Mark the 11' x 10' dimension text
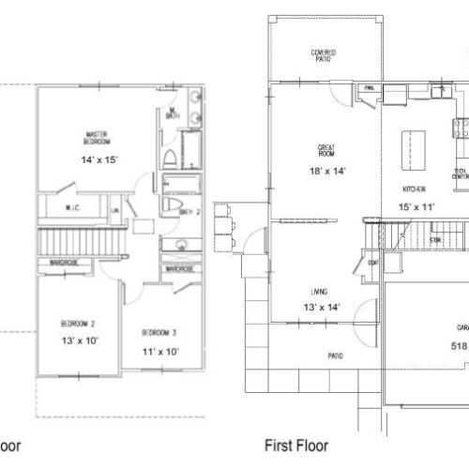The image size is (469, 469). [159, 352]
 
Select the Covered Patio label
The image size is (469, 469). [324, 54]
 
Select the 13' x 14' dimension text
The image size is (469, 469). [322, 308]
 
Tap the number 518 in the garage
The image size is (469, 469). [458, 344]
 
